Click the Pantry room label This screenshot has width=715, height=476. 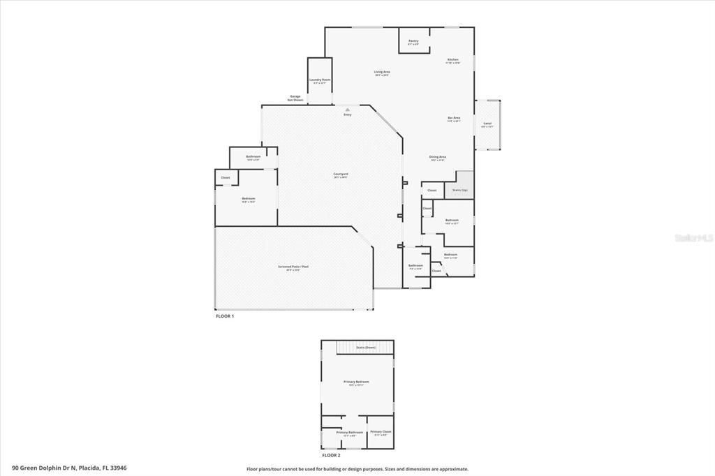(x=413, y=42)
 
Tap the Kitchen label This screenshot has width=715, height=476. (x=453, y=61)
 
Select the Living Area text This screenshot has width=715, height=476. (x=382, y=73)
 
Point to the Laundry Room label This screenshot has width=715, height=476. (x=320, y=81)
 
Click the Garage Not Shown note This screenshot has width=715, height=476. (x=296, y=98)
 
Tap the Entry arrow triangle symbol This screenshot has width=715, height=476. (x=347, y=109)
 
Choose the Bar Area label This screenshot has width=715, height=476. (x=454, y=119)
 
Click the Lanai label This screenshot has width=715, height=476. (x=487, y=124)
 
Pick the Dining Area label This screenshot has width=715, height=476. (x=438, y=158)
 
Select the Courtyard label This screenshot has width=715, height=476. (x=341, y=174)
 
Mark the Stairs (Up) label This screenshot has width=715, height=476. (x=459, y=190)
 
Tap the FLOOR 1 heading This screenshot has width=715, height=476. (x=224, y=316)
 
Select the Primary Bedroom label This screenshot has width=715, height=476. (x=356, y=382)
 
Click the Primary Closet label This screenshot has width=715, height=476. (x=381, y=433)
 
